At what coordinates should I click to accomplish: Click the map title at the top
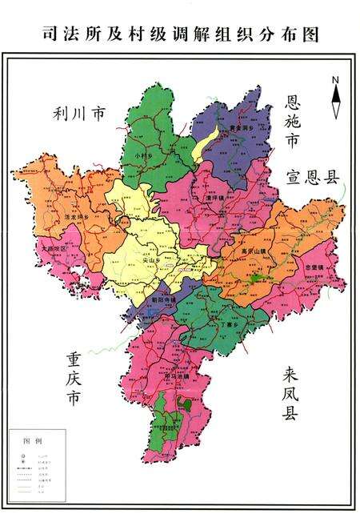coord(180,34)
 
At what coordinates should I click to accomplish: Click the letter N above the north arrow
coord(337,79)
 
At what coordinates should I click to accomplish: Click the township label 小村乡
coord(145,154)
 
